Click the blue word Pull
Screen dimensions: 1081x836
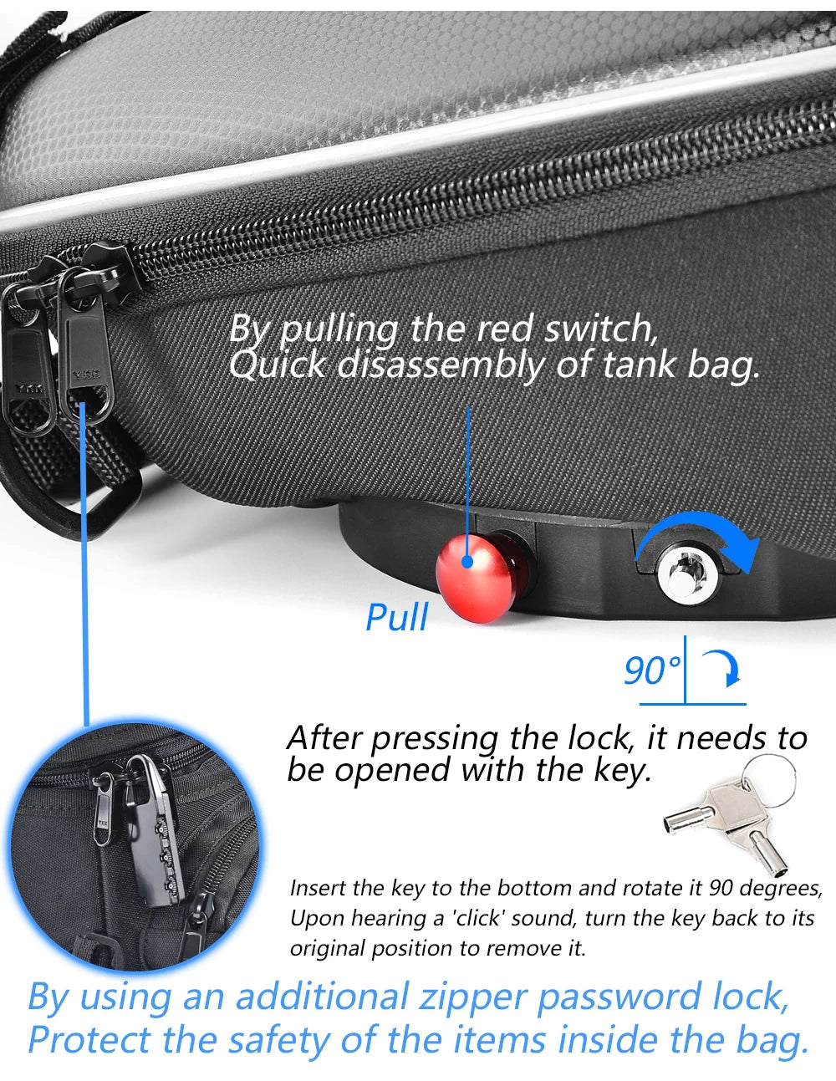tap(397, 618)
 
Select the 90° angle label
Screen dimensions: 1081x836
tap(652, 671)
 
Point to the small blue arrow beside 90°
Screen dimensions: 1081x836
tap(724, 668)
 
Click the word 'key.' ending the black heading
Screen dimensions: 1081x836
tap(622, 769)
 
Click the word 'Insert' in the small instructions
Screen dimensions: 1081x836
tap(318, 887)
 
